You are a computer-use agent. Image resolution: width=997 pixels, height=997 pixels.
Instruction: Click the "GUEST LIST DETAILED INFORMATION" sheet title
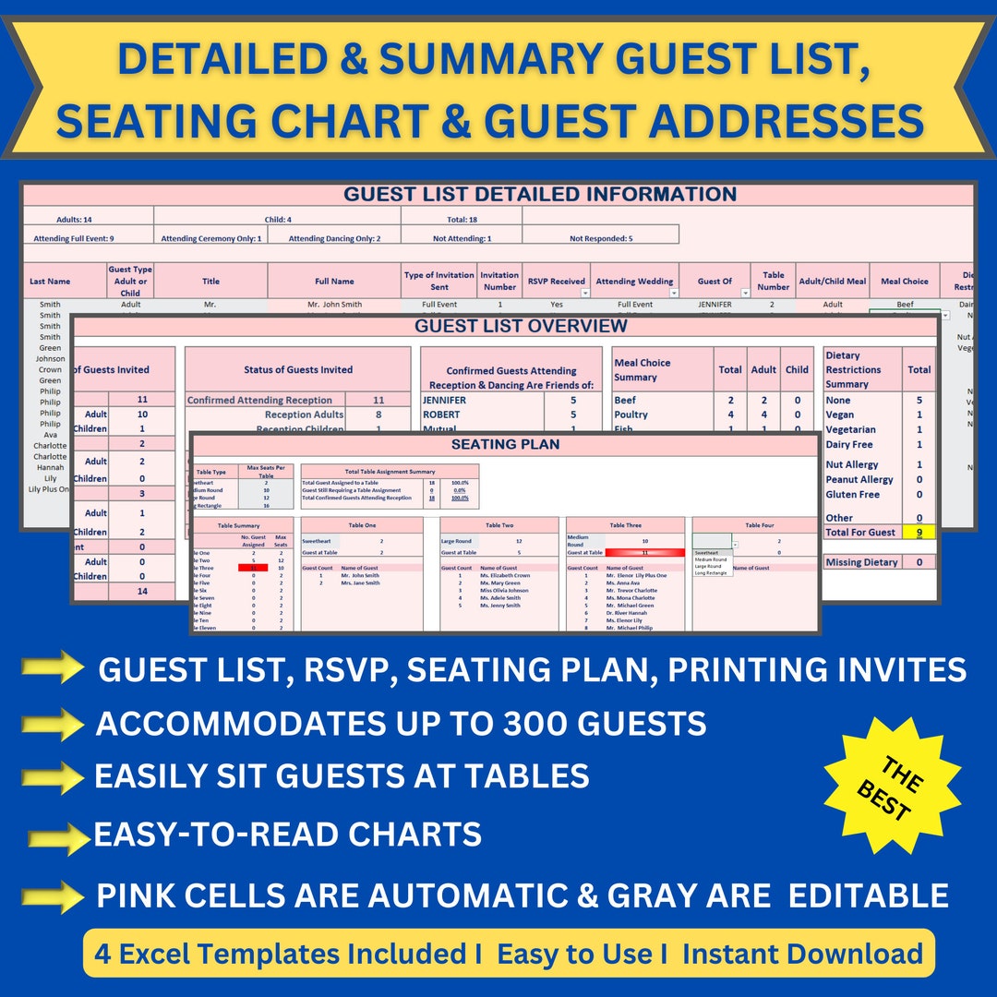pos(540,195)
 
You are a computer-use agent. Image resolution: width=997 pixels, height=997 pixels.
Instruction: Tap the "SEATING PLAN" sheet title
pos(505,445)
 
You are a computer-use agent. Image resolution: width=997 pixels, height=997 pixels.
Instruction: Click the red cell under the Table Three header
pos(644,552)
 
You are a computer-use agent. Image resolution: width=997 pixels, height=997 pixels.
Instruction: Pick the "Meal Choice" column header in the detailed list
pos(905,281)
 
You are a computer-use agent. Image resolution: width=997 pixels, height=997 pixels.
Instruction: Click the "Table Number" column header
pos(774,281)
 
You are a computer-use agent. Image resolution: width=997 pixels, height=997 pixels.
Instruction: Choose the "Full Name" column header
pos(334,281)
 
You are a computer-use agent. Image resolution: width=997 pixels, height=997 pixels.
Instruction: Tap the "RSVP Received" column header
pos(556,281)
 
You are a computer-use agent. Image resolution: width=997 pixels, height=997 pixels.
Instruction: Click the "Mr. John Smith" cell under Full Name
pos(334,305)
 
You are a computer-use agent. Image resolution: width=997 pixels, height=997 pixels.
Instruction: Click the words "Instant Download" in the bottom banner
pos(802,954)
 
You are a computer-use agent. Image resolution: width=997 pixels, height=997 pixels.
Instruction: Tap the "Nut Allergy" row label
pos(852,465)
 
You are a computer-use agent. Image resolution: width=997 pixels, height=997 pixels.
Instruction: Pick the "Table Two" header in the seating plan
pos(499,525)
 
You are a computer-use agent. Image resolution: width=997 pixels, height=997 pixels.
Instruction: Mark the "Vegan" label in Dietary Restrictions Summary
pos(841,415)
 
